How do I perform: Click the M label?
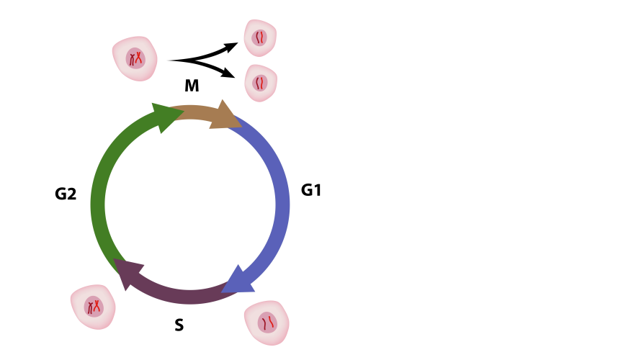191,86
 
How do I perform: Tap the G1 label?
311,191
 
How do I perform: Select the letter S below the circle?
179,325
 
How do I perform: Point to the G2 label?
66,194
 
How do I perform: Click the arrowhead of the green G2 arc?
166,117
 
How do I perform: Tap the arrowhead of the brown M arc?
225,116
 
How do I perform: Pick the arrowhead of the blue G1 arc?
241,280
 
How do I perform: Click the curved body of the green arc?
99,202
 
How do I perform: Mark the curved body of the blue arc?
281,202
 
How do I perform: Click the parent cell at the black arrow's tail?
135,59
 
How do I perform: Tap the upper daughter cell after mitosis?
260,37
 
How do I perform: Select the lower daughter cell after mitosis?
260,82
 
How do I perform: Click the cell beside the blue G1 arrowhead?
267,322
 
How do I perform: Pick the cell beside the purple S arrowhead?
93,307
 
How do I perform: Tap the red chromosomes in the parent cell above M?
135,58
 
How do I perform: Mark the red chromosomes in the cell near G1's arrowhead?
267,322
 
